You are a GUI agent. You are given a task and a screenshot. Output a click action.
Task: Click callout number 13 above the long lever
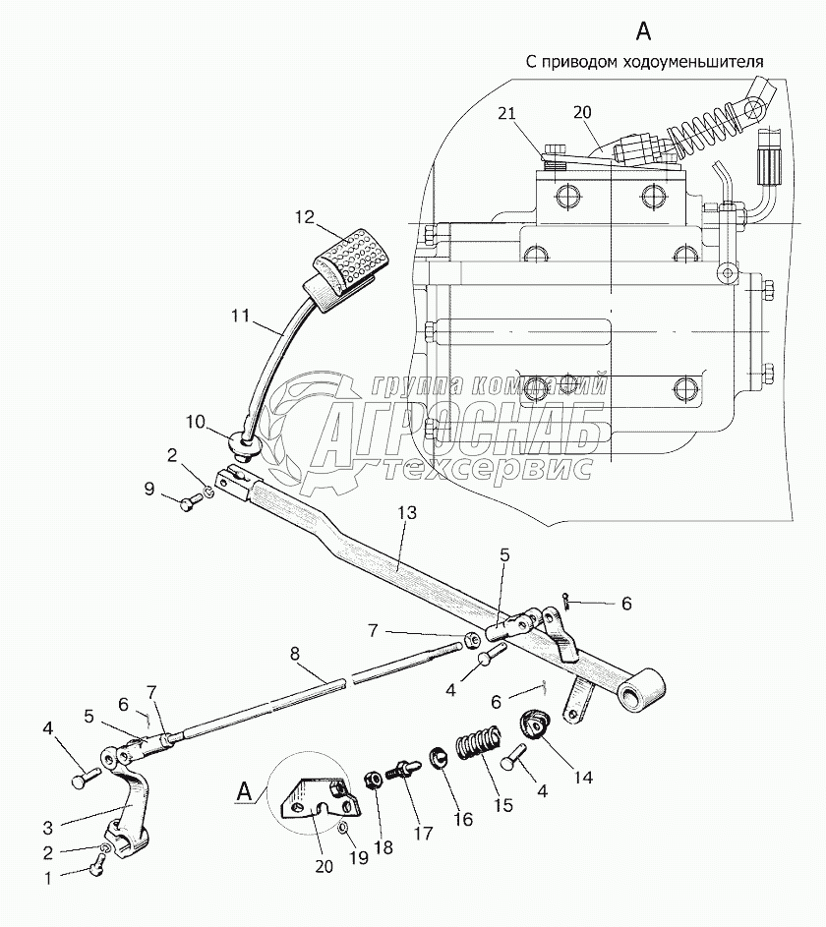coord(407,512)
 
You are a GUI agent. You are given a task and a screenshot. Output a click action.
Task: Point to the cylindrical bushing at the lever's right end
coord(641,688)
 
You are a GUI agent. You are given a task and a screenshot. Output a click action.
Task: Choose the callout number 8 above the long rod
coord(295,654)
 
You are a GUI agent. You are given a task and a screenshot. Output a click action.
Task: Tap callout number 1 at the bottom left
coord(48,877)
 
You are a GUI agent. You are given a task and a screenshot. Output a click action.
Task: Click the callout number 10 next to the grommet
coord(195,422)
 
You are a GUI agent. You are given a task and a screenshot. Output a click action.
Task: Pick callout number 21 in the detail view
coord(506,113)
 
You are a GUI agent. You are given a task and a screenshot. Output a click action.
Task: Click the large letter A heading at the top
coord(643,30)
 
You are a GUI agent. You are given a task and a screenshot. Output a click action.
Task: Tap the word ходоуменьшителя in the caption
coord(693,62)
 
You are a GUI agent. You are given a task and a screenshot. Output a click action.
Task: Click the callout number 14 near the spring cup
coord(583,777)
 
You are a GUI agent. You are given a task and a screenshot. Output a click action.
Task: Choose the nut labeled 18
coord(376,781)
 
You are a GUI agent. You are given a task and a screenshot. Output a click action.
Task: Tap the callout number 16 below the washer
coord(463,819)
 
